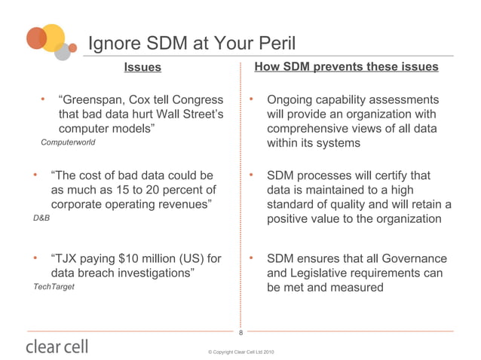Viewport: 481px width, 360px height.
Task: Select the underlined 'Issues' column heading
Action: pyautogui.click(x=142, y=67)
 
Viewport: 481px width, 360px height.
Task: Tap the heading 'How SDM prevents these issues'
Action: pyautogui.click(x=346, y=67)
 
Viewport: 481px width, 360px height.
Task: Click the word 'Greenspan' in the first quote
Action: pyautogui.click(x=90, y=99)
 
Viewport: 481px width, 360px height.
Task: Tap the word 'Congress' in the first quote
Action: pyautogui.click(x=198, y=99)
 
